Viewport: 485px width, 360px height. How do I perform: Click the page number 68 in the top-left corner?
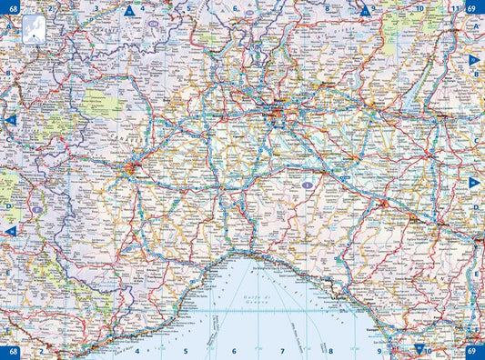tap(12, 7)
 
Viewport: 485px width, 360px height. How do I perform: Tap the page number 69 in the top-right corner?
tap(472, 7)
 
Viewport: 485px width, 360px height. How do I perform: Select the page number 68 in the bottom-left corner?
tap(12, 351)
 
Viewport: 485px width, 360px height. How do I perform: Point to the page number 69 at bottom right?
tap(472, 351)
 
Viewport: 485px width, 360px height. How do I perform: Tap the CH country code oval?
tap(156, 15)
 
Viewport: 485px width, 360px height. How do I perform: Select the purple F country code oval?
tap(36, 210)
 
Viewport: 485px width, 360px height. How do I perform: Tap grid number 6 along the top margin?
tap(235, 8)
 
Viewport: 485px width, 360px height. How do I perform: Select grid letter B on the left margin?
tap(7, 74)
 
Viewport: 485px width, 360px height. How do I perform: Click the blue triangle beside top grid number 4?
tap(129, 12)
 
